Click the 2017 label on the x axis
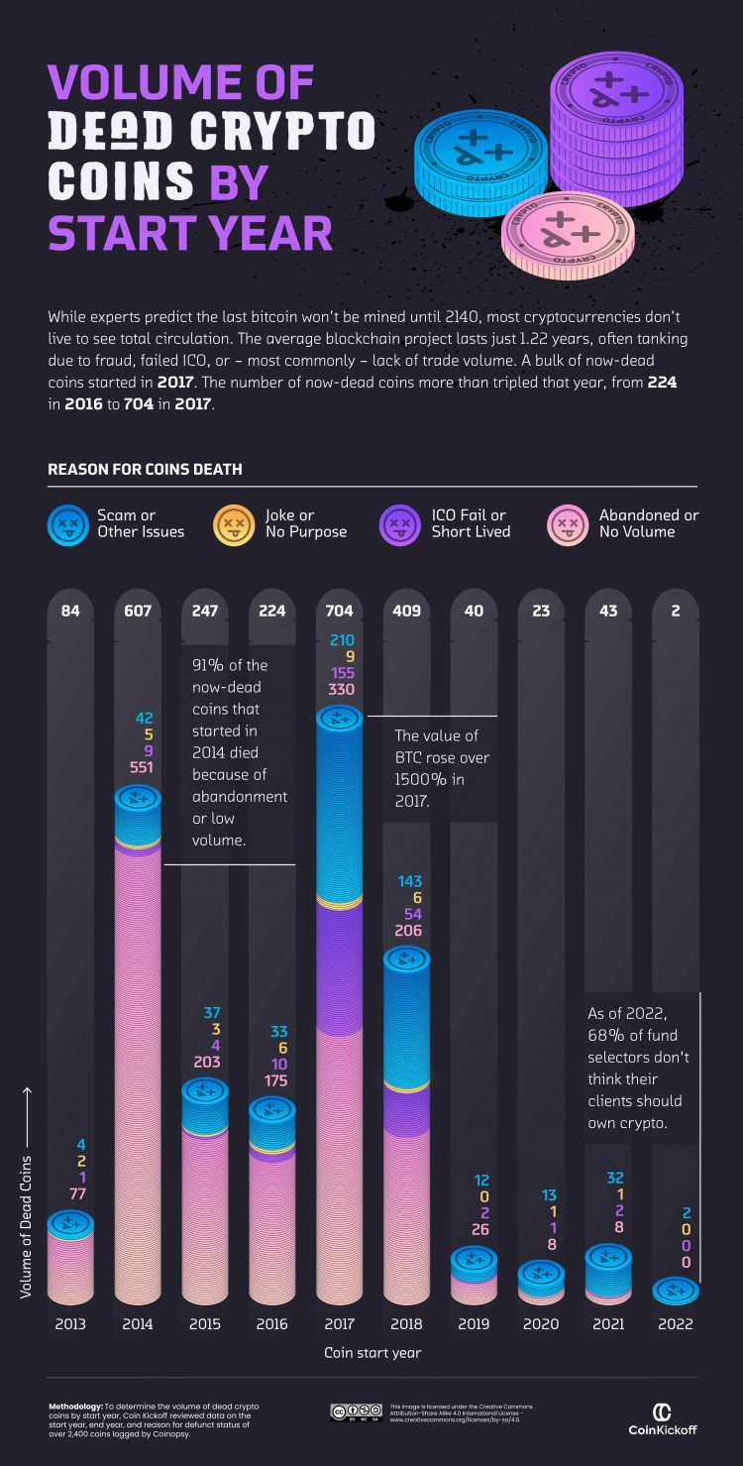pos(340,1323)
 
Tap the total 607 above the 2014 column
pos(138,611)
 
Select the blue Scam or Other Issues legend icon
pos(69,523)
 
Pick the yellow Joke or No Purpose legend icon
pos(236,523)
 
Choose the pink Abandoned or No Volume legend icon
pos(570,523)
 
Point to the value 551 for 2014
pos(138,766)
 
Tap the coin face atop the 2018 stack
pos(407,959)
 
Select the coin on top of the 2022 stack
pos(676,1290)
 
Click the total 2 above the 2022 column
pos(676,611)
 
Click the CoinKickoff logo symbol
pos(663,1411)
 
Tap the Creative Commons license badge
pos(356,1410)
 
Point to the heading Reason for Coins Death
pos(145,469)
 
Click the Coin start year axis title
pos(372,1353)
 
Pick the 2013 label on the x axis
pos(70,1323)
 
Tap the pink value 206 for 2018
pos(407,931)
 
